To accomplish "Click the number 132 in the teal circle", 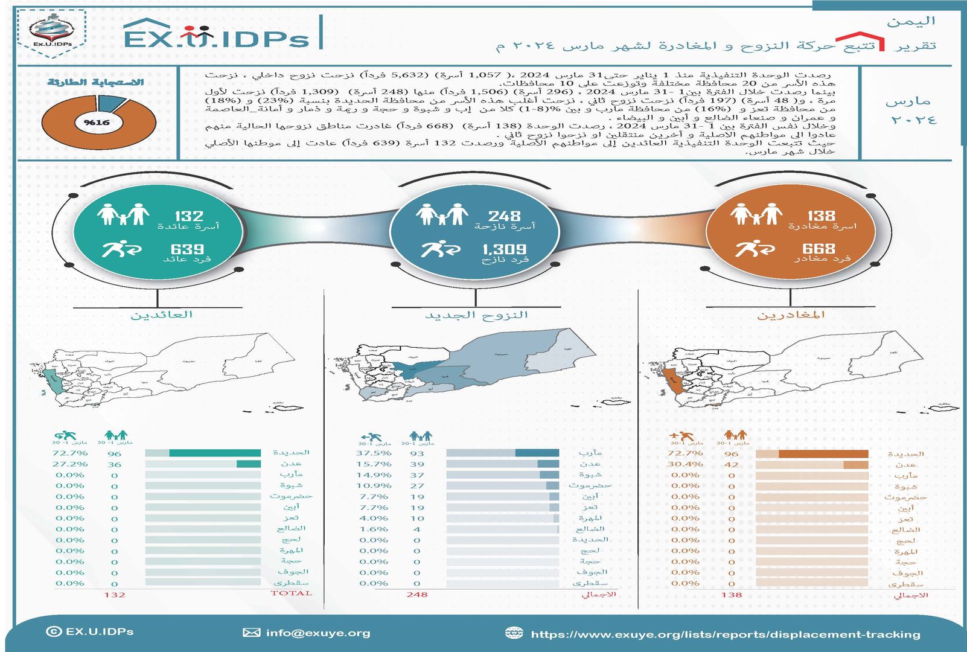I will [x=189, y=216].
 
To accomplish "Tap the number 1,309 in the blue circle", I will [x=504, y=249].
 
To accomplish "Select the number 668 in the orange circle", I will [x=819, y=248].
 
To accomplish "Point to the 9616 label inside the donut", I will [x=97, y=123].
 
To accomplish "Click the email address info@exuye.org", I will [x=318, y=633].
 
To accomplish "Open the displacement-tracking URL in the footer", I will [x=725, y=634].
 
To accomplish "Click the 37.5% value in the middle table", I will [x=374, y=453].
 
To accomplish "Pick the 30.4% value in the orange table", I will [x=685, y=464].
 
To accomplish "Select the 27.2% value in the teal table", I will [x=69, y=464].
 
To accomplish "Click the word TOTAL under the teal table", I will [x=291, y=593].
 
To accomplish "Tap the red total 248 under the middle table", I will [x=417, y=595].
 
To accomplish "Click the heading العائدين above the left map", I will [x=161, y=315].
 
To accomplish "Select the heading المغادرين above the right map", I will [x=791, y=315].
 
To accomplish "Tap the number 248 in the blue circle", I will [x=504, y=216].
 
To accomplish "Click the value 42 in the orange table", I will [x=732, y=464].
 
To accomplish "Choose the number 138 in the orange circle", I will [x=821, y=216].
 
